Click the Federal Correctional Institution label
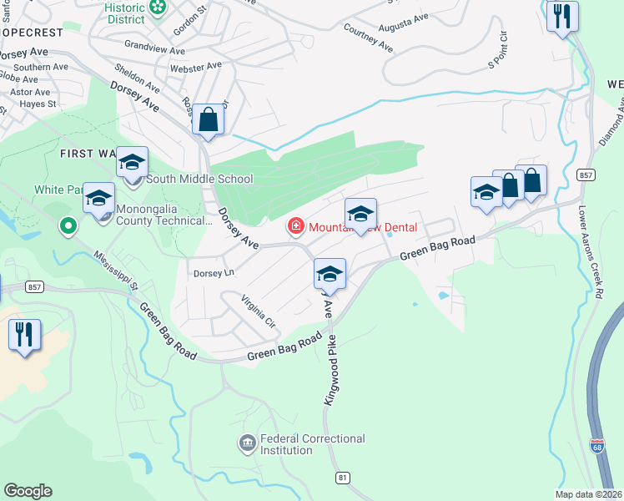[313, 444]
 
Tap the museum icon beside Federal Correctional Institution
[247, 443]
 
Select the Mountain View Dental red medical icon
[294, 226]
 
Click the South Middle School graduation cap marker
[132, 162]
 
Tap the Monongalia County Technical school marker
[98, 199]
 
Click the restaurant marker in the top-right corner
[562, 16]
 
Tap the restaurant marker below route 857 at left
[24, 335]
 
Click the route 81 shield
[343, 477]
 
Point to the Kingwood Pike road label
[331, 370]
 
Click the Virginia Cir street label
[258, 310]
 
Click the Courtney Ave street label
[368, 38]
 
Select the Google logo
[28, 491]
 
